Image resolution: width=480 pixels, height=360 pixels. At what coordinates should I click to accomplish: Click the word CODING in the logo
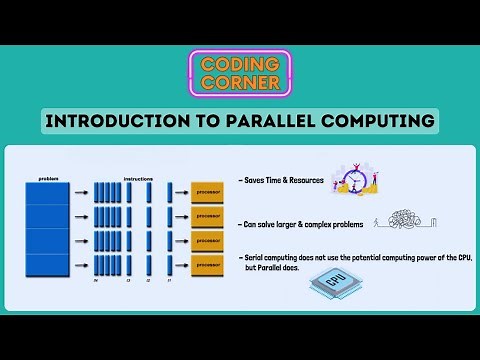tap(240, 62)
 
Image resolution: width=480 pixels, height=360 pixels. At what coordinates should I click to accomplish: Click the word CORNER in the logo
tap(240, 83)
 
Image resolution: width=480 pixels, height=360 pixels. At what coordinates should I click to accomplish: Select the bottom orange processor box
tap(208, 265)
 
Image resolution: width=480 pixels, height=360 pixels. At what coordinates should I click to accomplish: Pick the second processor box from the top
tap(208, 213)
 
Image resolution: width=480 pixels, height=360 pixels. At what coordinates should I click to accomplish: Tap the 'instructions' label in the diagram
tap(137, 178)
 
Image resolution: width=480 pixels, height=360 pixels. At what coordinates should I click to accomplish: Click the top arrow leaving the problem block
tap(80, 187)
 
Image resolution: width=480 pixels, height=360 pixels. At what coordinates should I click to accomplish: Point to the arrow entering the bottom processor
tap(181, 265)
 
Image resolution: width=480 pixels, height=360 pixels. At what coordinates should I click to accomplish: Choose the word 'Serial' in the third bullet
tap(256, 257)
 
